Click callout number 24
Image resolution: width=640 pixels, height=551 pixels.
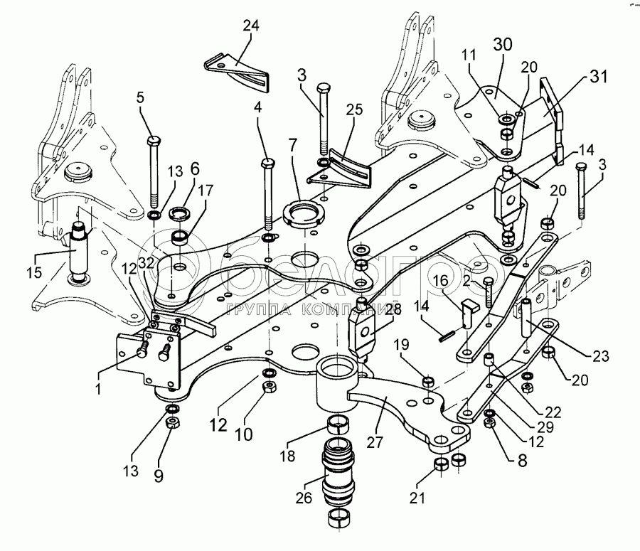250,26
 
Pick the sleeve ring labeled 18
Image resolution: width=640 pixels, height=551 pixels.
339,427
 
